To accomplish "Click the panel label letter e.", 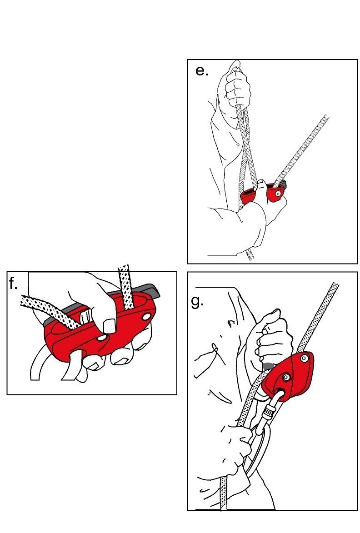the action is click(201, 71).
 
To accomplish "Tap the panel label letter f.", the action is click(13, 284).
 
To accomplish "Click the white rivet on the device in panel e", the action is click(279, 194).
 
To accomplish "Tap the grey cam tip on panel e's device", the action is click(284, 185).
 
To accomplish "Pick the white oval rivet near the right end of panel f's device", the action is click(146, 317).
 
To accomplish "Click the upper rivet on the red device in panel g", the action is click(304, 358).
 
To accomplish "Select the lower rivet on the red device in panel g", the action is click(286, 377).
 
